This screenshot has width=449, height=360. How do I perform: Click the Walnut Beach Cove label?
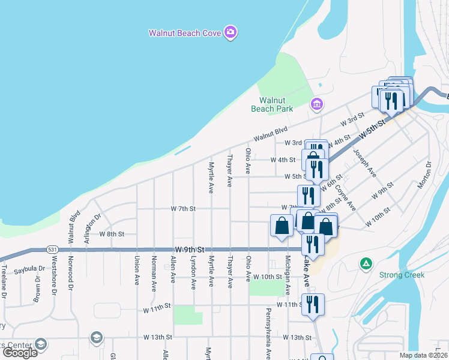pos(185,33)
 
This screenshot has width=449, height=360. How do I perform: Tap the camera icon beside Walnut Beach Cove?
pos(230,32)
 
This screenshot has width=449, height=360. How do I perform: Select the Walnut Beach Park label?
pos(276,104)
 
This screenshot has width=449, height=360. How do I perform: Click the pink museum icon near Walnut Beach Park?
pos(316,105)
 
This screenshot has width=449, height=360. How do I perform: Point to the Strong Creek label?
pos(402,275)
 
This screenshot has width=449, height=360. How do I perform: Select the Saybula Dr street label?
pos(29,269)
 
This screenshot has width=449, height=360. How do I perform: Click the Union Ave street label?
pos(137,271)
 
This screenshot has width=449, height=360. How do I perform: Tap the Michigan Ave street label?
pos(288,274)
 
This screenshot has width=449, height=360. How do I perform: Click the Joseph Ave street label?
pos(364,163)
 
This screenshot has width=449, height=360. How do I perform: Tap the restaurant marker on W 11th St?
pos(313,305)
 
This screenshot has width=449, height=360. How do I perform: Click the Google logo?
pos(20,352)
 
